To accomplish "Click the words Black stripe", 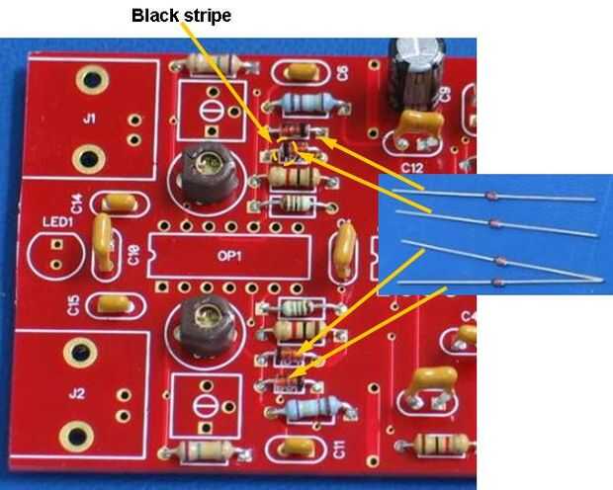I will click(181, 16).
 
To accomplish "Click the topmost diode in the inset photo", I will click(493, 197).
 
